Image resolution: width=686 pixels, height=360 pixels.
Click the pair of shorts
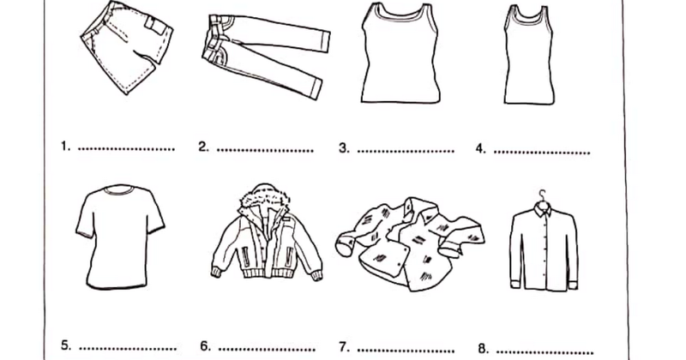tap(127, 46)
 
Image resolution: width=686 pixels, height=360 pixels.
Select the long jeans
tap(266, 55)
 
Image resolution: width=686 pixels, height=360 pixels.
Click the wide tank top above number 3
tap(400, 53)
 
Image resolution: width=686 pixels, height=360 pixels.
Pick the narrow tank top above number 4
tap(528, 55)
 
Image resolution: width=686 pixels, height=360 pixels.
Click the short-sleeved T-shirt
tap(120, 237)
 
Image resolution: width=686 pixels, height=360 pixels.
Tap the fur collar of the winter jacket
tap(264, 196)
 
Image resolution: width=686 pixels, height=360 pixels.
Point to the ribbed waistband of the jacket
tap(266, 273)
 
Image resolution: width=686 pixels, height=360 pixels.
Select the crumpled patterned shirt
tap(410, 243)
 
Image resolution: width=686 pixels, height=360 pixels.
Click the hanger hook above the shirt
tap(543, 195)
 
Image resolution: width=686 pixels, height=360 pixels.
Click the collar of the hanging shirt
tap(542, 209)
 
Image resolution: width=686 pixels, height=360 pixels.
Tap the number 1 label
tap(66, 146)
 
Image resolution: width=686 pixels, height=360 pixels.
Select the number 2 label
tap(203, 147)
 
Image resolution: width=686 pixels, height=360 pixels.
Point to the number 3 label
tap(345, 148)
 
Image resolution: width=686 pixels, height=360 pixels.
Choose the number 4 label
tap(481, 149)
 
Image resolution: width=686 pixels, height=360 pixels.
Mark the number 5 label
tap(66, 345)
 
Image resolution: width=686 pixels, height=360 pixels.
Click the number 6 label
tap(206, 346)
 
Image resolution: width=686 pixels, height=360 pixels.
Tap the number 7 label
tap(345, 347)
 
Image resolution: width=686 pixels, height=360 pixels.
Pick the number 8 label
tap(484, 349)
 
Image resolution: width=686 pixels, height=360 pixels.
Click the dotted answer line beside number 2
tap(265, 151)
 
